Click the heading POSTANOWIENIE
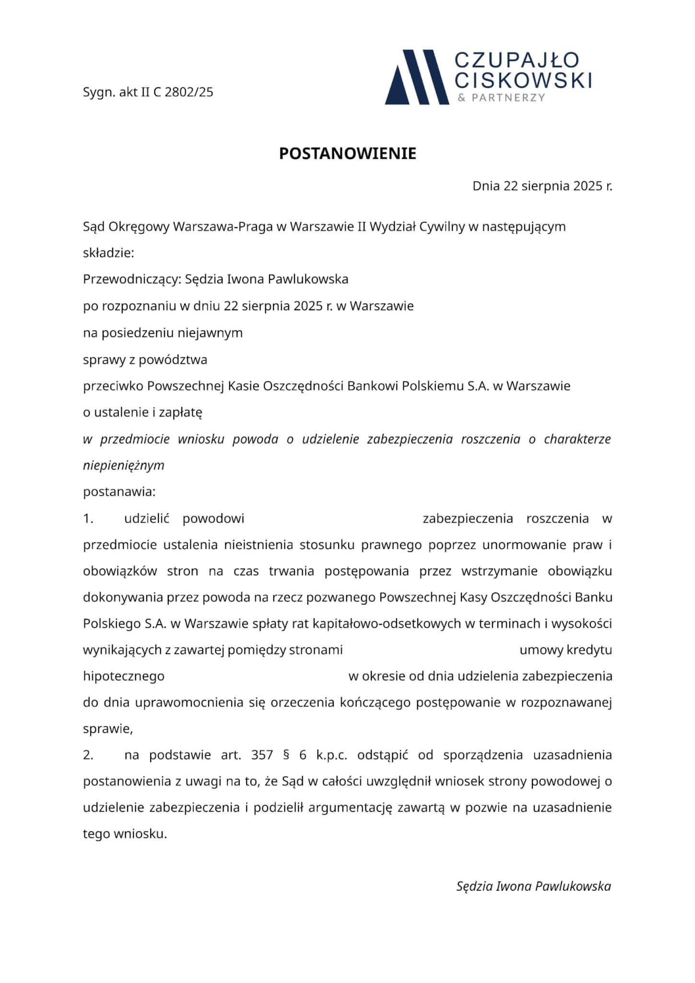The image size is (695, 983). (348, 154)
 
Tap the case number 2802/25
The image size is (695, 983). (189, 92)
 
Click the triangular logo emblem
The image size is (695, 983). (417, 77)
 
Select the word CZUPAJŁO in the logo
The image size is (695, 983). (517, 61)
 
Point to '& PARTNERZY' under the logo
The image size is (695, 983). (501, 98)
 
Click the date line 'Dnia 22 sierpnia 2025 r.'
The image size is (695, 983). (542, 186)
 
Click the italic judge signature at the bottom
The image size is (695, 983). (533, 886)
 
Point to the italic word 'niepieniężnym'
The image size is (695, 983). (124, 465)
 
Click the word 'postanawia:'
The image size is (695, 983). (119, 492)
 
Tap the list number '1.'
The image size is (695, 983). (88, 519)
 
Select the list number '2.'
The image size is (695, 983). (88, 755)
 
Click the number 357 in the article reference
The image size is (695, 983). (262, 755)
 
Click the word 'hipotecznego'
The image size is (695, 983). (124, 677)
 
